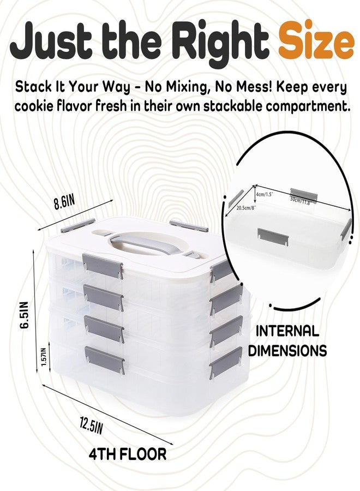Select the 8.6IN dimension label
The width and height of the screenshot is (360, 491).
pos(64,202)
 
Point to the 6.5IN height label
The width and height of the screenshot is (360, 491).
pos(24,315)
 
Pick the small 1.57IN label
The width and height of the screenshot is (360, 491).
pos(44,357)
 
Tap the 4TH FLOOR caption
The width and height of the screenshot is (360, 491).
pos(128,454)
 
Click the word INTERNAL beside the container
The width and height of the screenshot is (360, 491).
pos(287,331)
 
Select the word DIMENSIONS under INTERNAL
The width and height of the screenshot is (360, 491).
pos(287,350)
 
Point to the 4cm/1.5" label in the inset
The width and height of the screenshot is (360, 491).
pos(265,194)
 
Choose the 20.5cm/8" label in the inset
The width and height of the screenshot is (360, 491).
pos(247,208)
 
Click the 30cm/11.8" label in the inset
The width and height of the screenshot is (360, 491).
pos(301,201)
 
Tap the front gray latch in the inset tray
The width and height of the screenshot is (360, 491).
pos(273,237)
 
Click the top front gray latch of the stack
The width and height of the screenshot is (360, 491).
pos(103,266)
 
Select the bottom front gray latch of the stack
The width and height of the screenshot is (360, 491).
pos(105,360)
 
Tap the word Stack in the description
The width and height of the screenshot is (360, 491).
pos(33,86)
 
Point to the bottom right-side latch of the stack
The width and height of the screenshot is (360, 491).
pos(226,363)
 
